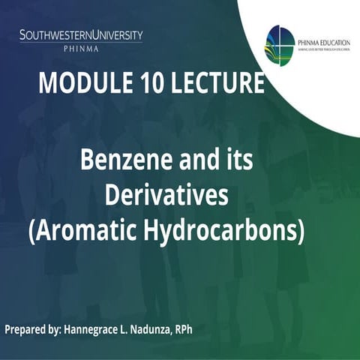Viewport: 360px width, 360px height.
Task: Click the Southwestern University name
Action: tap(81, 35)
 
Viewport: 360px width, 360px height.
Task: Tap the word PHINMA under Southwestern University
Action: tap(80, 48)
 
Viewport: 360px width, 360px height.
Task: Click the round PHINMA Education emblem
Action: tap(281, 45)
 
